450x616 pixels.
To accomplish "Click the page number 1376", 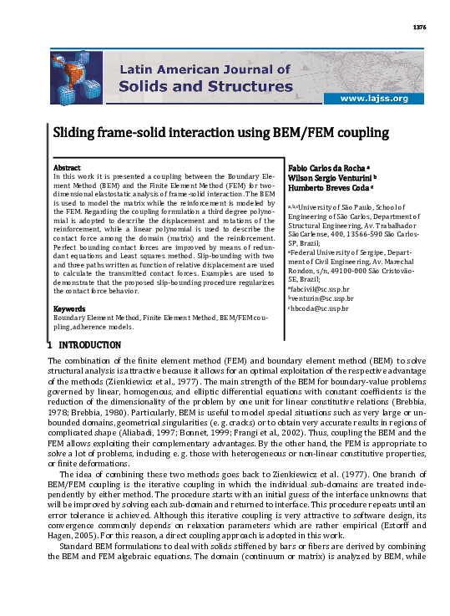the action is pos(420,28).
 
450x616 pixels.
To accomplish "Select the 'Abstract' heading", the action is pos(67,168).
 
